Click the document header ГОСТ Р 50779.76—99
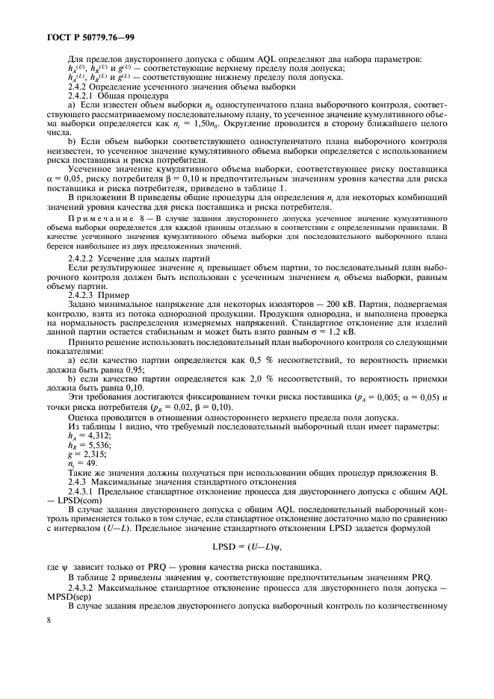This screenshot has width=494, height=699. point(84,36)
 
